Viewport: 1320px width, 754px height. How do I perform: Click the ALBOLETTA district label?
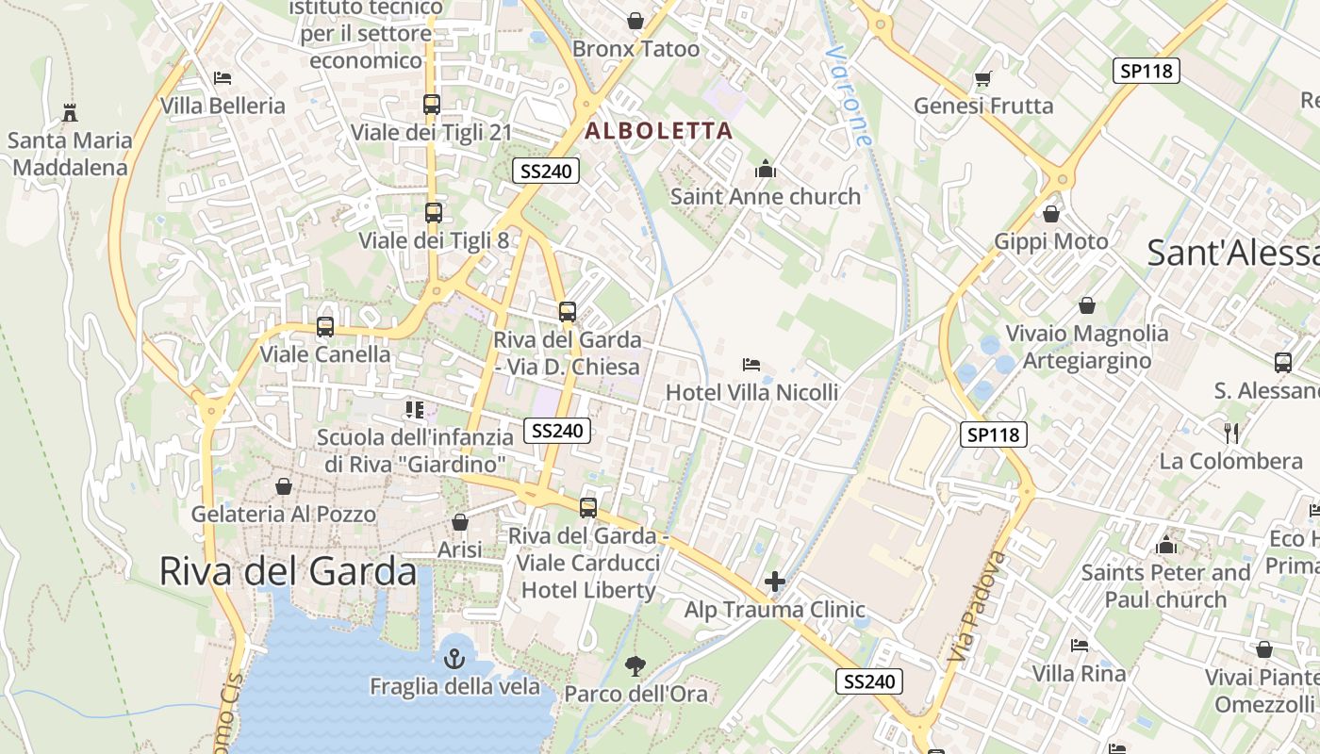[x=659, y=131]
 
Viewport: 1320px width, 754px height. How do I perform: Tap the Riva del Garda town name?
[x=288, y=571]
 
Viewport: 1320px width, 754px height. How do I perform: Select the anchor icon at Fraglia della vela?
[x=454, y=658]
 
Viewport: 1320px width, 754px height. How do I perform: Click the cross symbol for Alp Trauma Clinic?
[x=774, y=582]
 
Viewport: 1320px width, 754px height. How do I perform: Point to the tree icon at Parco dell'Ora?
[x=635, y=666]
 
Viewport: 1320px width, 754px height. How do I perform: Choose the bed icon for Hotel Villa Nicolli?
[x=751, y=364]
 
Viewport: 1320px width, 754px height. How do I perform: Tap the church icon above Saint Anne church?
[x=765, y=170]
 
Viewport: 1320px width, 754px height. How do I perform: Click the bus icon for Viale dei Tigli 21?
[x=432, y=105]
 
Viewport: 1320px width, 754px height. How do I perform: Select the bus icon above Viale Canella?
[x=325, y=327]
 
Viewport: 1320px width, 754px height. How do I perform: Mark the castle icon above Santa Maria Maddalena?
[x=69, y=113]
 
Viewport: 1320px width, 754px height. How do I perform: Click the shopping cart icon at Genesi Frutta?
[x=983, y=78]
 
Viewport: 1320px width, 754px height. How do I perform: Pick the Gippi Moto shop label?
[x=1051, y=241]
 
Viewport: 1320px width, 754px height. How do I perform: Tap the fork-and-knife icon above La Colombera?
[x=1230, y=434]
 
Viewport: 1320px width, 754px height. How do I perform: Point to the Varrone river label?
[x=848, y=95]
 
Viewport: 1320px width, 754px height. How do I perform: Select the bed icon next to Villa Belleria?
[x=223, y=78]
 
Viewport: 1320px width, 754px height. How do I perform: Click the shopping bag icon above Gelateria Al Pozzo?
[x=284, y=486]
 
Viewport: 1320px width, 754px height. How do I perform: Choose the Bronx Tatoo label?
[x=635, y=49]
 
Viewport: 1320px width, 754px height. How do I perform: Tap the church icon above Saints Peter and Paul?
[x=1166, y=545]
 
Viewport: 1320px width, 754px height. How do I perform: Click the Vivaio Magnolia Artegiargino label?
[x=1087, y=346]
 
